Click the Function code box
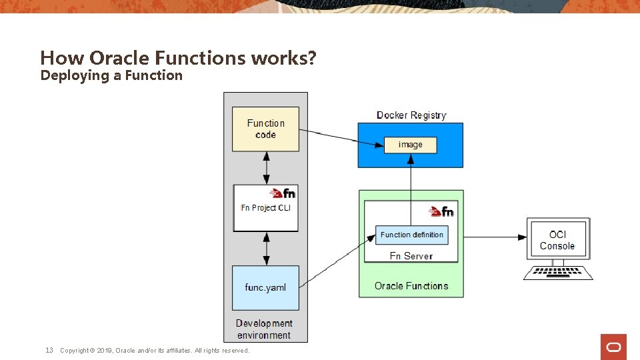coord(265,129)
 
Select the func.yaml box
coord(265,287)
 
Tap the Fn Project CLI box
coord(265,208)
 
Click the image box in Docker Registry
coord(410,145)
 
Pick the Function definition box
coord(411,235)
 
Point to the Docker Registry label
coord(411,115)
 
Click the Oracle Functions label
coord(411,286)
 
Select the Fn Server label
coord(411,256)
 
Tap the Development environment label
coord(264,329)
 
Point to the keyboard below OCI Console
coord(557,273)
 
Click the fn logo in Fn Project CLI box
coord(282,193)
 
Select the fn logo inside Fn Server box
coord(441,211)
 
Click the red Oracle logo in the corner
coord(613,347)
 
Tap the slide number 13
coord(49,350)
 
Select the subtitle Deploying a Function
coord(111,75)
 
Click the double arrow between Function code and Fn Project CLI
coord(267,168)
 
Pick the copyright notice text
coord(154,351)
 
